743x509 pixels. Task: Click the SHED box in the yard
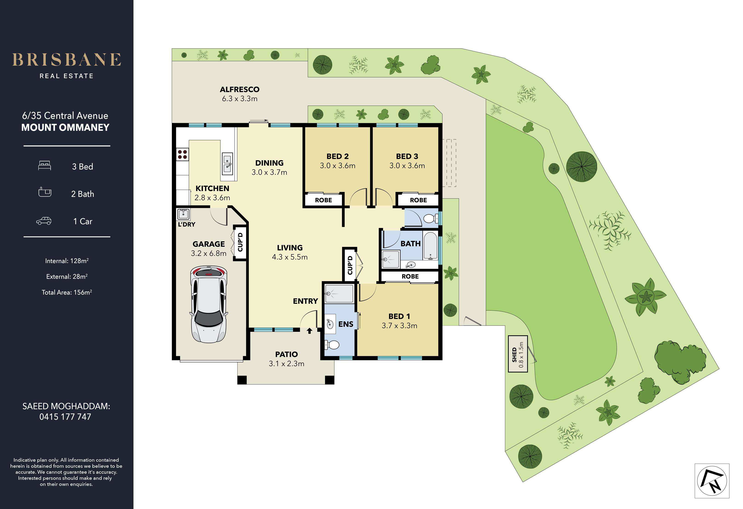pyautogui.click(x=518, y=354)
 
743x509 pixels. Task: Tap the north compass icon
pyautogui.click(x=712, y=481)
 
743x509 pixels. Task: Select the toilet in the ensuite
pyautogui.click(x=332, y=345)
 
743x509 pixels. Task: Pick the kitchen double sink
pyautogui.click(x=227, y=163)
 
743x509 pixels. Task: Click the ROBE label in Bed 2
pyautogui.click(x=323, y=200)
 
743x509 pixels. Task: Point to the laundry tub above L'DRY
pyautogui.click(x=184, y=214)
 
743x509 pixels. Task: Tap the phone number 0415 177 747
pyautogui.click(x=65, y=417)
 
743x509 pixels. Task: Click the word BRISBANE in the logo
pyautogui.click(x=66, y=60)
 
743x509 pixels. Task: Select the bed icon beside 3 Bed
pyautogui.click(x=44, y=166)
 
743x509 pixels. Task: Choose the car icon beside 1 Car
pyautogui.click(x=44, y=221)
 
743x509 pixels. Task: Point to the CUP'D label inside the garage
pyautogui.click(x=240, y=242)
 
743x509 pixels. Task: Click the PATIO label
pyautogui.click(x=286, y=354)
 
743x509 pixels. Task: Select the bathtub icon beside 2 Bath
pyautogui.click(x=45, y=192)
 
